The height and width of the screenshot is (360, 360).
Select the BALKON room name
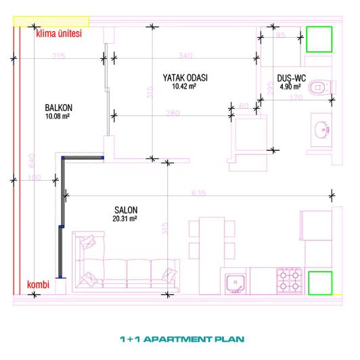pos(58,107)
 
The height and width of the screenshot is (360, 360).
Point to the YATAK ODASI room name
pos(185,78)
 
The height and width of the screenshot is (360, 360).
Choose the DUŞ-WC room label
pos(292,78)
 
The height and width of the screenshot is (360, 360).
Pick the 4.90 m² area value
pos(292,87)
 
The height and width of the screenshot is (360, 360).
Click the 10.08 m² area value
pos(58,116)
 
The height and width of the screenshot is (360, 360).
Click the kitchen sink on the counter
pos(235,282)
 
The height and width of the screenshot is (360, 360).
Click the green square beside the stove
pos(320,283)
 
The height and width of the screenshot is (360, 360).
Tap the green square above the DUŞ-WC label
pos(317,39)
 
